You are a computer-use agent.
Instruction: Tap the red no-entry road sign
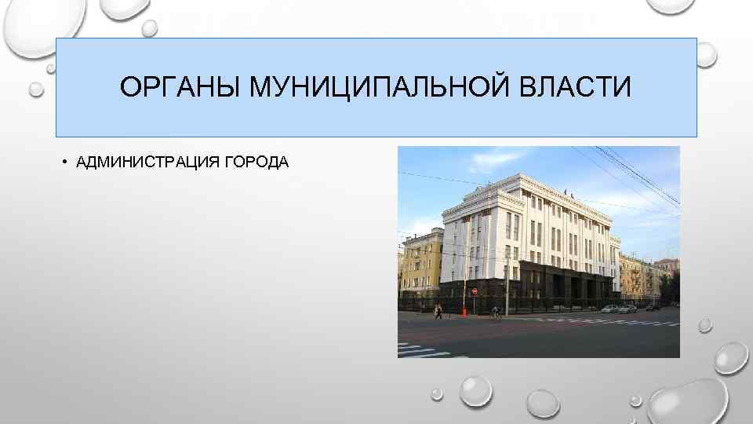(x=474, y=291)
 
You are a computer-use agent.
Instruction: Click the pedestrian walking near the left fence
(x=438, y=311)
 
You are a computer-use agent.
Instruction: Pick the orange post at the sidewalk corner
(x=464, y=310)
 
